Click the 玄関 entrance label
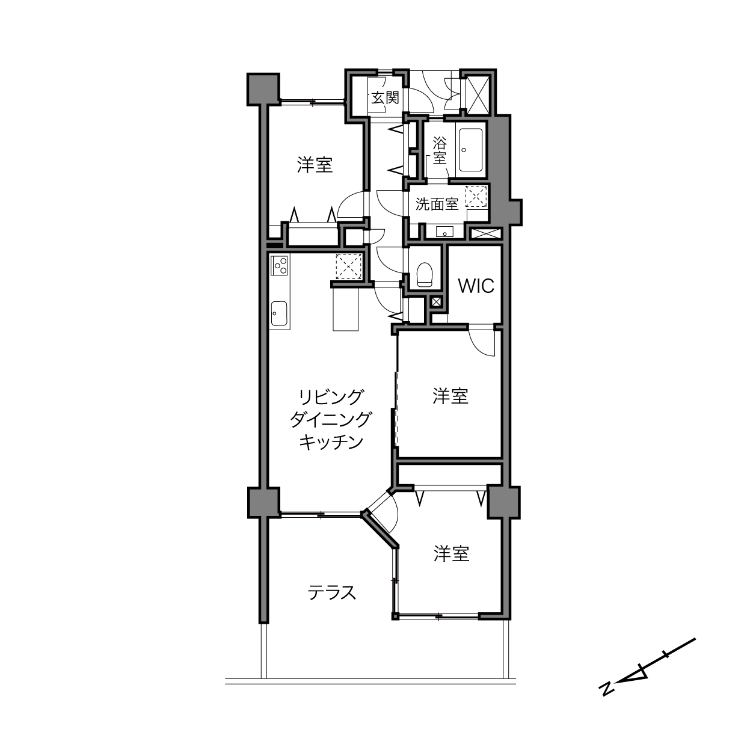(x=385, y=97)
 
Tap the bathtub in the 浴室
(x=470, y=150)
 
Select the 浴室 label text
(x=440, y=150)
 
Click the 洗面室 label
(x=437, y=204)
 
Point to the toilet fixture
(x=425, y=274)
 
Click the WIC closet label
(x=476, y=286)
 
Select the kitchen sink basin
(x=279, y=313)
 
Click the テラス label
(x=332, y=592)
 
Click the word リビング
(x=331, y=398)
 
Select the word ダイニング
(x=331, y=420)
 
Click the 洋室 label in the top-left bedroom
(x=315, y=165)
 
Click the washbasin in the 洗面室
(x=444, y=232)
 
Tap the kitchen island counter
(x=345, y=309)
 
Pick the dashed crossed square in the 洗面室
(x=476, y=196)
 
